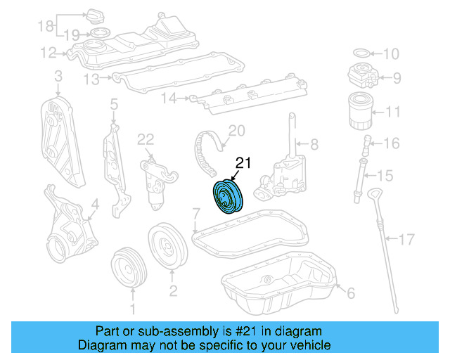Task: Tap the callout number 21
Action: pos(243,164)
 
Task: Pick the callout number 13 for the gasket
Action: pos(91,80)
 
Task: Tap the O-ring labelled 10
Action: pos(359,53)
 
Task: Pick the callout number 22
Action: pos(145,139)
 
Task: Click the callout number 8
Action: pos(314,144)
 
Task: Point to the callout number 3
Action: pos(58,75)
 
